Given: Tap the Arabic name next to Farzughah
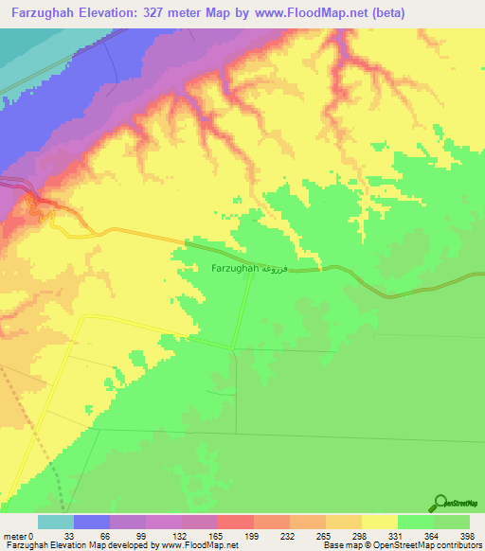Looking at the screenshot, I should click(270, 269).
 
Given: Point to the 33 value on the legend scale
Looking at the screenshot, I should click(92, 537).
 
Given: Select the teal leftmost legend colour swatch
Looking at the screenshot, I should click(56, 522).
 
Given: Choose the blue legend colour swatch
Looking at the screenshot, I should click(92, 522).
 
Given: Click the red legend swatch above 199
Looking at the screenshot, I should click(236, 522).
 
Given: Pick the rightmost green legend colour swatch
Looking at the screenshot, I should click(452, 522).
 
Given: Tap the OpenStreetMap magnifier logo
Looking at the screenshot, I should click(442, 504).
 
